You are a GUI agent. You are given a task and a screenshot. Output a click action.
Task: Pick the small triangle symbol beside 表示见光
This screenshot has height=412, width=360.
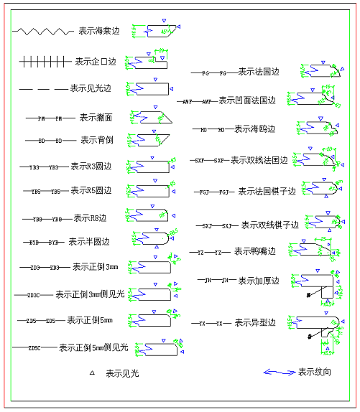(92, 373)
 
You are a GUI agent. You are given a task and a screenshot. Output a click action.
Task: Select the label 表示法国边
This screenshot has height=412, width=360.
(258, 72)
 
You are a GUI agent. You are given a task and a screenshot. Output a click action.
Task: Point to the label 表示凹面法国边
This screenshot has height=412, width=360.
(247, 100)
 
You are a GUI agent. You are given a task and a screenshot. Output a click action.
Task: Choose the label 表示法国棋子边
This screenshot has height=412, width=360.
(267, 192)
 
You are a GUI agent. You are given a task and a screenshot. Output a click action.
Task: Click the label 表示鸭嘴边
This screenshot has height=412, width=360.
(256, 251)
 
